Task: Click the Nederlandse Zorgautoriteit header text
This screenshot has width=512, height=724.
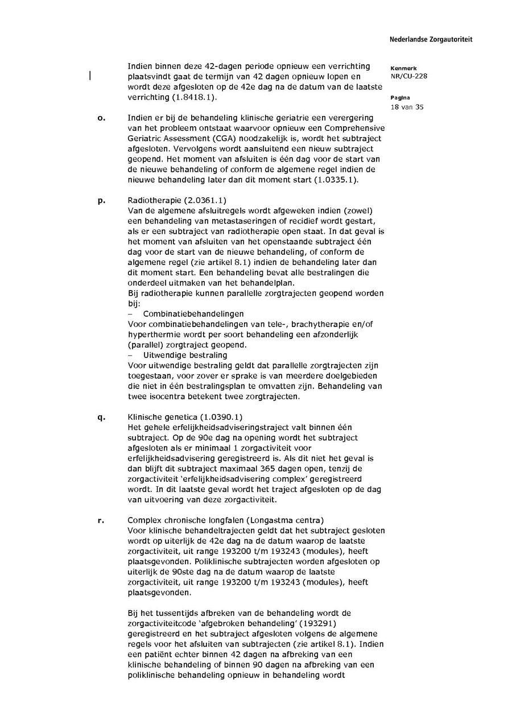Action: coord(431,40)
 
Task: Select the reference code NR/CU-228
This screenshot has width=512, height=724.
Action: coord(409,76)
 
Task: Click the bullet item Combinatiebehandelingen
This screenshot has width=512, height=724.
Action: coord(193,314)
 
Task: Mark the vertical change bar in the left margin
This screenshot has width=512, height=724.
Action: coord(90,76)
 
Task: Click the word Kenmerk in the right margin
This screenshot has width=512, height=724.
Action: coord(403,68)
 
